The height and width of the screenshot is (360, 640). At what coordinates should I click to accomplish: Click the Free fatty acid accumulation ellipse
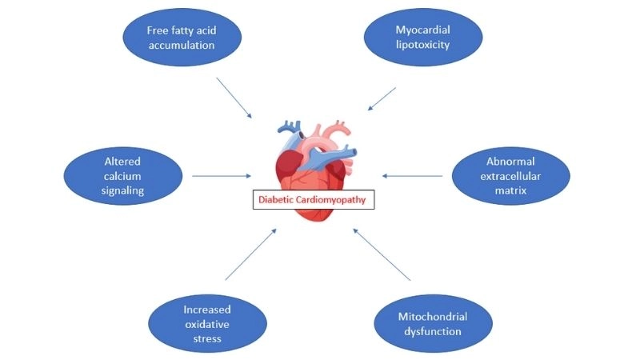coord(182,37)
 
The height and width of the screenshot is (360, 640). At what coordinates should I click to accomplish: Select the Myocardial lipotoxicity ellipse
coord(423,37)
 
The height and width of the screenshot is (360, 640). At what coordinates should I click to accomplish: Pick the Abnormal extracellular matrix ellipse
coord(510,175)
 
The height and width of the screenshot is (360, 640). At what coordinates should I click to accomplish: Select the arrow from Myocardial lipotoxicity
coord(382,98)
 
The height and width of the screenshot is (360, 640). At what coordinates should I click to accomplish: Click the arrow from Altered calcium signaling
coord(222,175)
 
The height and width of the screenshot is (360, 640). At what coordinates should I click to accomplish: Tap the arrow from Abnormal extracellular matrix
coord(412,175)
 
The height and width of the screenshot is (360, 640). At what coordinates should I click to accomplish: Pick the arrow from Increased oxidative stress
coord(251,254)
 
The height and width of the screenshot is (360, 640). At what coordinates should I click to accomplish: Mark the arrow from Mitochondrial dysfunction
coord(382,254)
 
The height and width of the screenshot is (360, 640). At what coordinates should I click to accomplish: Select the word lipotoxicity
coord(423,45)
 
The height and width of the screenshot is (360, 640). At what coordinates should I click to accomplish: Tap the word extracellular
coord(510,175)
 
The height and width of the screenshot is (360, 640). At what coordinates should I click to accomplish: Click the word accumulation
coord(182,45)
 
